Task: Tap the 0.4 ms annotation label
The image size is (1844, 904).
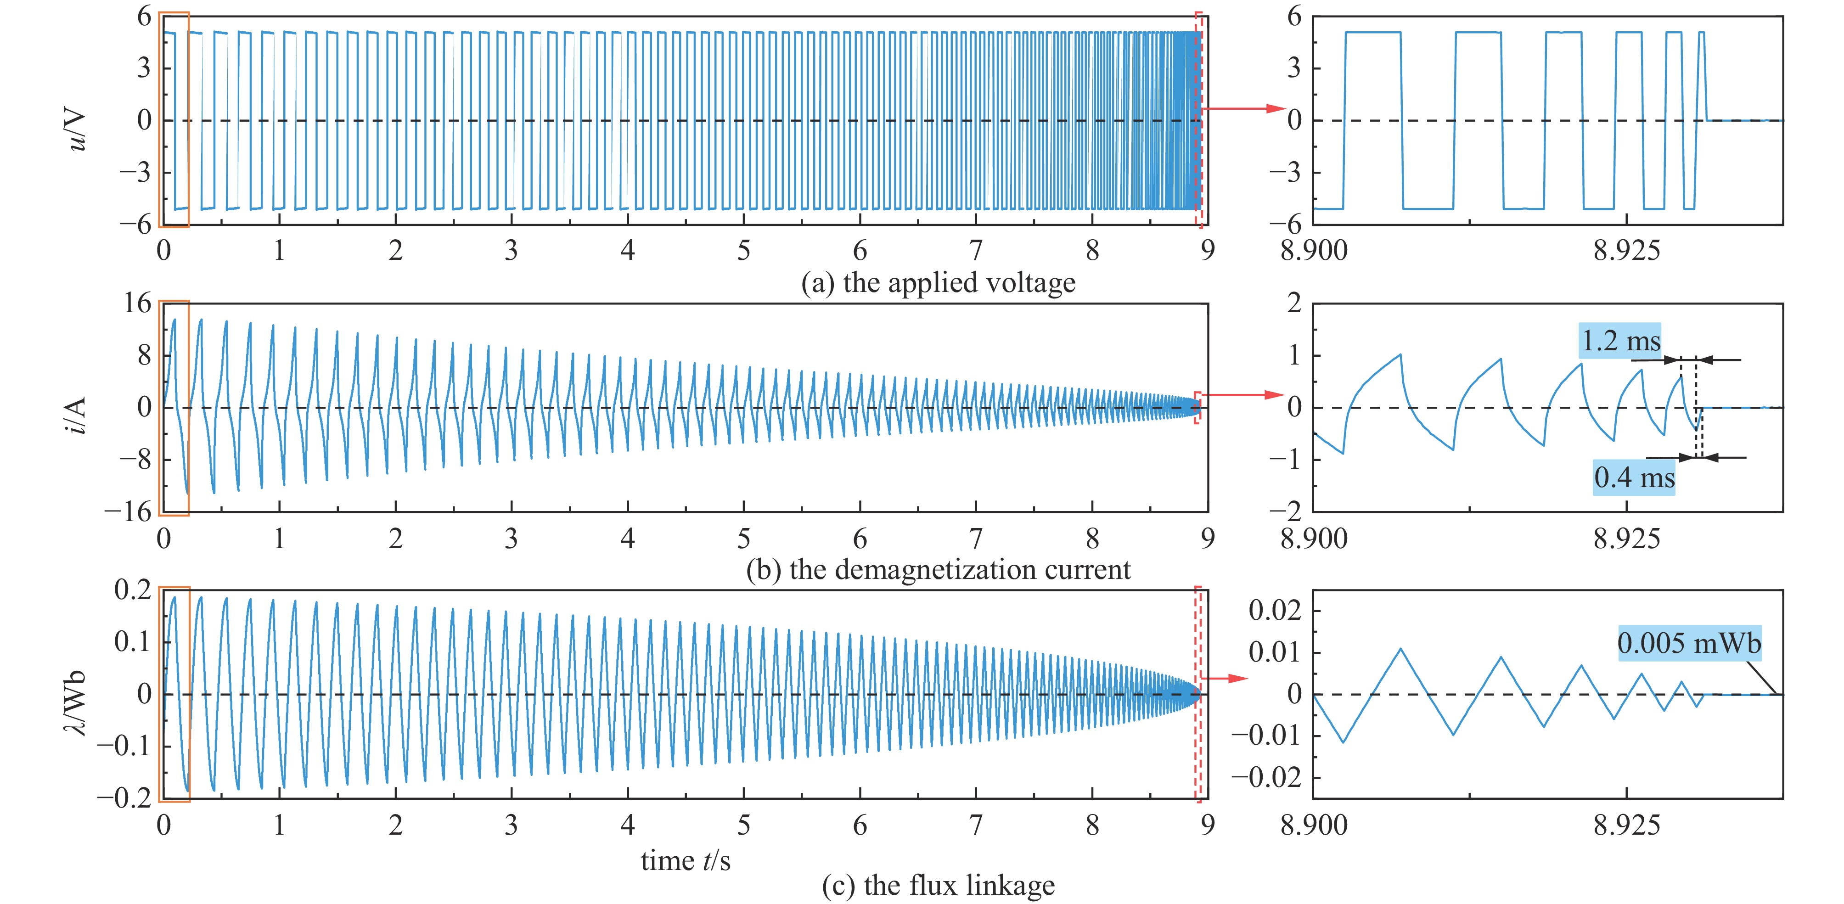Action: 1634,477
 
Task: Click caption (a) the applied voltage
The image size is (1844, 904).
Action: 938,283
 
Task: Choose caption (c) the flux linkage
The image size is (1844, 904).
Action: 938,885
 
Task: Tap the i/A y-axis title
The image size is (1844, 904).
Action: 76,415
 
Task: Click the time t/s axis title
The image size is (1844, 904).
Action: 685,859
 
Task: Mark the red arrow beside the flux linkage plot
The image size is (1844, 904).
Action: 1226,678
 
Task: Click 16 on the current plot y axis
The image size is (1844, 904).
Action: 137,303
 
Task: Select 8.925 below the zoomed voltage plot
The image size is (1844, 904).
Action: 1626,251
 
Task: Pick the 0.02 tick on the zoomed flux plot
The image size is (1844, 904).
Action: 1274,611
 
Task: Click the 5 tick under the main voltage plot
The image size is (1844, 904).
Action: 744,251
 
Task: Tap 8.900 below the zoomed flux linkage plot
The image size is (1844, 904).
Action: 1314,825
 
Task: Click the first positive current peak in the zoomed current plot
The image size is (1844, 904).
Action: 1400,354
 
